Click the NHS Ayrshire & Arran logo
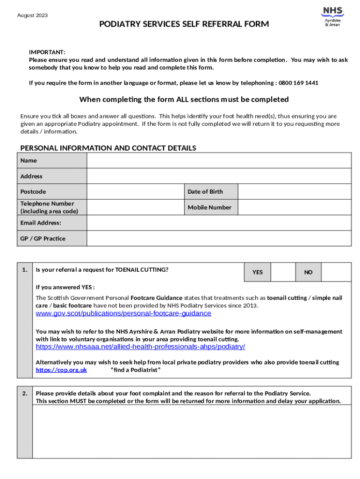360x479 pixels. (x=332, y=16)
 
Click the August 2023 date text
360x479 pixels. (x=32, y=15)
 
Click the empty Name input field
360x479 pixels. (x=219, y=161)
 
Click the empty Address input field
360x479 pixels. (x=219, y=176)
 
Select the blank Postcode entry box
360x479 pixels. (x=135, y=192)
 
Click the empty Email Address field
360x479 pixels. (x=219, y=223)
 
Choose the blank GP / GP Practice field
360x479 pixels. (x=219, y=239)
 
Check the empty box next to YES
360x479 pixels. (x=283, y=272)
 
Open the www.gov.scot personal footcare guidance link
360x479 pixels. (x=123, y=313)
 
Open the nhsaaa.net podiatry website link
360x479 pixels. (x=140, y=347)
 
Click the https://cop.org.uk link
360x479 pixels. (x=61, y=370)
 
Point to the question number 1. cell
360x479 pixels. (x=25, y=270)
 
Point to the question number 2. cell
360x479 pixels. (x=25, y=393)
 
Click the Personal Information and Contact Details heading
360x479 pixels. (x=108, y=148)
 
